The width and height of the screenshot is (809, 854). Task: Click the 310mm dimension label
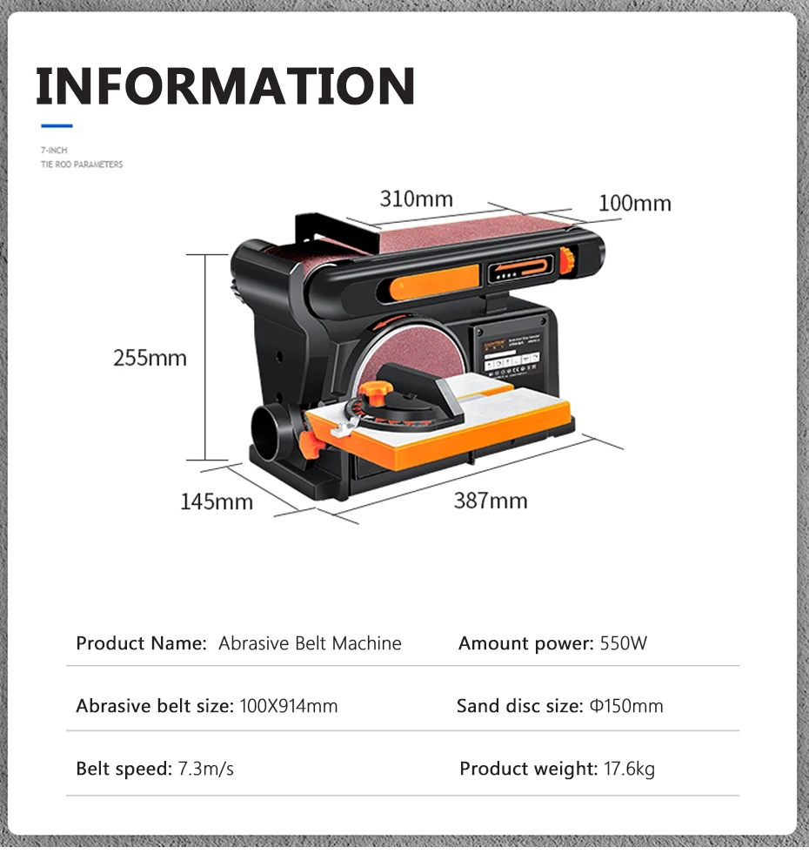point(416,199)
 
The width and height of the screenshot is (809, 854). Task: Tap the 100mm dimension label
point(634,204)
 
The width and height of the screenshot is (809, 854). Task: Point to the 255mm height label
point(150,358)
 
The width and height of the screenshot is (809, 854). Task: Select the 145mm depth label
point(217,501)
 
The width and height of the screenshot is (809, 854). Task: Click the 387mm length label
point(490,501)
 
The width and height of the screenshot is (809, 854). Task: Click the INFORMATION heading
point(225,85)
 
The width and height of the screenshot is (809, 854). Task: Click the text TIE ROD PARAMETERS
point(82,165)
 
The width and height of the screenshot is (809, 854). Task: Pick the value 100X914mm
point(288,706)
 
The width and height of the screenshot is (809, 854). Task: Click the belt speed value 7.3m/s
point(206,770)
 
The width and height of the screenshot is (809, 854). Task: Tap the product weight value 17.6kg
point(629,770)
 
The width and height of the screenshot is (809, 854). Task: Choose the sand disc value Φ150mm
point(625,706)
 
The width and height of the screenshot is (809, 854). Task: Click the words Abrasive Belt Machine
point(310,644)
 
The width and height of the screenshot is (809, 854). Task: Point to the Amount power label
point(525,644)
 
